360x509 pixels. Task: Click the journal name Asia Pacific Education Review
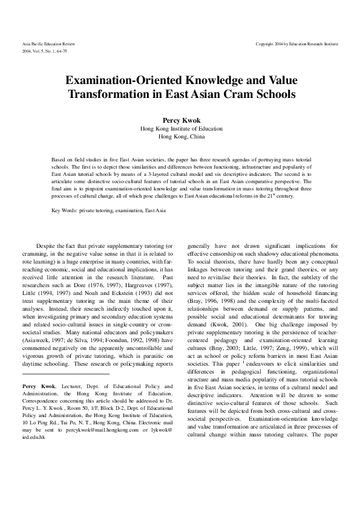[x=46, y=45]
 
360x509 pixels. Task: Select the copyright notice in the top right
[x=297, y=45]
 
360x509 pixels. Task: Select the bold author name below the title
[x=180, y=120]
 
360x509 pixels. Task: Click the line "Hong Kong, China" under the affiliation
[x=180, y=137]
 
